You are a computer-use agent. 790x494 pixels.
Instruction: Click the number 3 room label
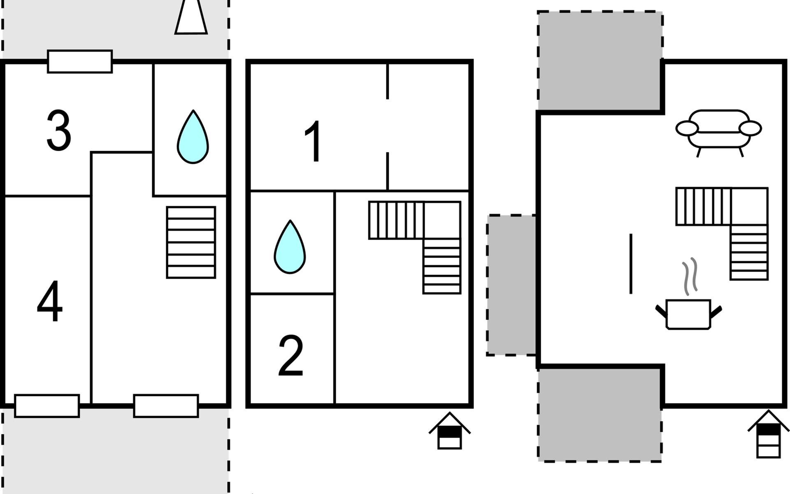pyautogui.click(x=59, y=130)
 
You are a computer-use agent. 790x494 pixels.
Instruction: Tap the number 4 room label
pyautogui.click(x=50, y=301)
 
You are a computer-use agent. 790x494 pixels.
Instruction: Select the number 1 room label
pyautogui.click(x=314, y=141)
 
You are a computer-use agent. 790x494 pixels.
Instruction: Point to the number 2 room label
pyautogui.click(x=291, y=356)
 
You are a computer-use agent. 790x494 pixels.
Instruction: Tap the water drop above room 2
pyautogui.click(x=290, y=247)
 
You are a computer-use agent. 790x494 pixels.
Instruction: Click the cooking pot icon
pyautogui.click(x=688, y=314)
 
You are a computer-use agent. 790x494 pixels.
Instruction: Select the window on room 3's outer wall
pyautogui.click(x=80, y=62)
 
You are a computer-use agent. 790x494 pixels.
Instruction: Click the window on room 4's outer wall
pyautogui.click(x=47, y=406)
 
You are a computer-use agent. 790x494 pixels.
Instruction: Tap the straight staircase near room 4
pyautogui.click(x=191, y=242)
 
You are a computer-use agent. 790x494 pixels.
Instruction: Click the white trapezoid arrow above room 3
pyautogui.click(x=191, y=17)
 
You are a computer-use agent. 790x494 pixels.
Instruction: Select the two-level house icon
pyautogui.click(x=449, y=431)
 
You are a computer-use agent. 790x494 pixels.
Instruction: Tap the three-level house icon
pyautogui.click(x=768, y=434)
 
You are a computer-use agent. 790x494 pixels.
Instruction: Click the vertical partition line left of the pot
pyautogui.click(x=631, y=264)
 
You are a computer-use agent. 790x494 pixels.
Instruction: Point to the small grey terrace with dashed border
pyautogui.click(x=512, y=285)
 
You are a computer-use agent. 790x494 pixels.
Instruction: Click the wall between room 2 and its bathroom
pyautogui.click(x=292, y=294)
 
